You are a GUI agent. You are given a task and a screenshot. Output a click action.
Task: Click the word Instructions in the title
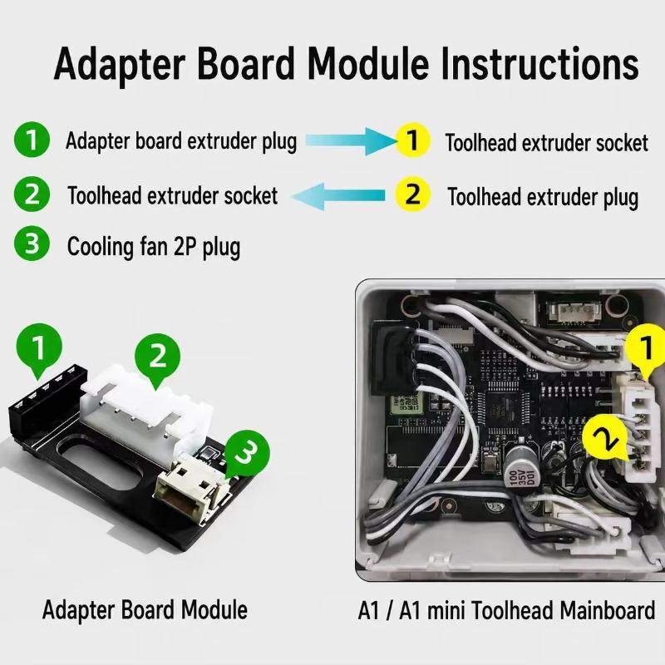click(539, 64)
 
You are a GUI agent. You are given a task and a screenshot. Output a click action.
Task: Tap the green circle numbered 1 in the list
click(32, 140)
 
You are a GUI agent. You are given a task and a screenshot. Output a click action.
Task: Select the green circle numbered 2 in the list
click(32, 195)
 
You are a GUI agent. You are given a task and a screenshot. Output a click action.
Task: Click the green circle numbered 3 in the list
click(32, 244)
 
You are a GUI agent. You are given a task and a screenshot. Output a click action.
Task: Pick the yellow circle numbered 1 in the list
click(412, 140)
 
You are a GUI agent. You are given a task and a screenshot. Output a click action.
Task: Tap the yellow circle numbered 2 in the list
click(412, 195)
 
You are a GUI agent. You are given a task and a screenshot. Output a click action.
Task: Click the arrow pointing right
click(351, 140)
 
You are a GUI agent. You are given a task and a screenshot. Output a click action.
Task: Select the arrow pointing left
click(338, 196)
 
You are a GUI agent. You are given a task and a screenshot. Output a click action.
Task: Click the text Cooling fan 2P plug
click(154, 247)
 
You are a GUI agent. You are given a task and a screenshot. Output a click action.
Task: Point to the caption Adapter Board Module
click(145, 610)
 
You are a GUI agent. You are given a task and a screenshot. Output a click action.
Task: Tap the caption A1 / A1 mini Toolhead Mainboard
click(506, 611)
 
